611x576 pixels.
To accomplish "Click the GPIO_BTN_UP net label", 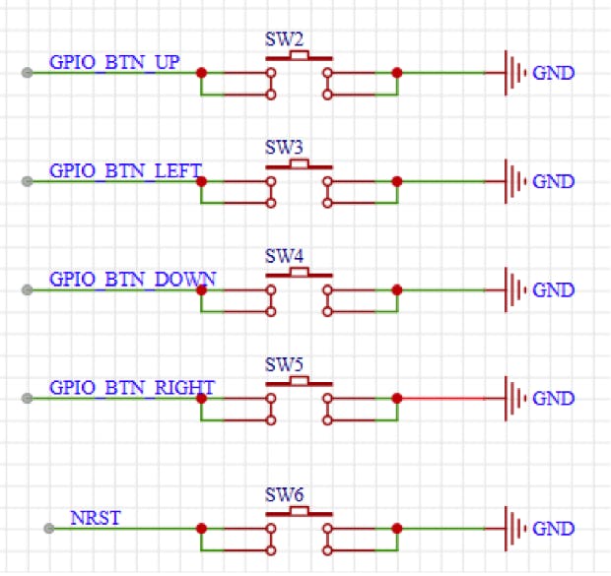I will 114,62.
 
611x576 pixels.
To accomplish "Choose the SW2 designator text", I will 283,40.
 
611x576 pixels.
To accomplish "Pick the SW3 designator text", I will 283,149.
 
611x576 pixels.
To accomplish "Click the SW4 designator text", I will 283,257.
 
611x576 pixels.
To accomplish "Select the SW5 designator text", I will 283,365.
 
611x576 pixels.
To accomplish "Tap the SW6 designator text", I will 283,495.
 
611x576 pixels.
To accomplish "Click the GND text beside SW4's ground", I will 553,290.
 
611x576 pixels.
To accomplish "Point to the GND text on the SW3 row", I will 553,182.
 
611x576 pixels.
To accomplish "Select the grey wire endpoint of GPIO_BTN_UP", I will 28,73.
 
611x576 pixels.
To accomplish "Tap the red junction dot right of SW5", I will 396,398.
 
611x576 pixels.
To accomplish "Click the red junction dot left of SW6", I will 201,528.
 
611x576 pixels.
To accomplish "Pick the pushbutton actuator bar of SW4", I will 299,273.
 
